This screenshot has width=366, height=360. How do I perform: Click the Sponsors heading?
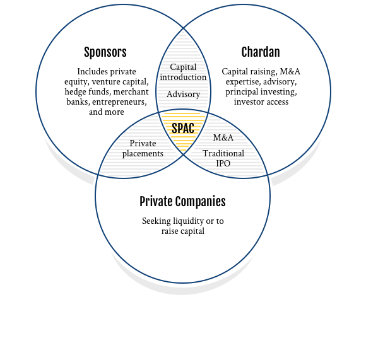(105, 52)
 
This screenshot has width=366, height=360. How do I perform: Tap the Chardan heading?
(261, 52)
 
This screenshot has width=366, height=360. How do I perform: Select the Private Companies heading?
(182, 202)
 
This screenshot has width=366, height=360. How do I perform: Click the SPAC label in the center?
(183, 128)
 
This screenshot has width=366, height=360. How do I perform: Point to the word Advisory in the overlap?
(183, 95)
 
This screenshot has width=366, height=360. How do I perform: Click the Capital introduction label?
(183, 72)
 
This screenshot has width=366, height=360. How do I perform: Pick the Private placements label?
(143, 149)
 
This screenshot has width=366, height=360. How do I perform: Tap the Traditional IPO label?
(223, 158)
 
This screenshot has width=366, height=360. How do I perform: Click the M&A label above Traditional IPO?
(223, 137)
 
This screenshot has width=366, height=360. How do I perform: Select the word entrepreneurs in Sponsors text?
(119, 102)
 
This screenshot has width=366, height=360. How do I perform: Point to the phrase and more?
(107, 112)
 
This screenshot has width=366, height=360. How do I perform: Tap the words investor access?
(261, 102)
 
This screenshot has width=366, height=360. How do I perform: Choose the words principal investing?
(261, 92)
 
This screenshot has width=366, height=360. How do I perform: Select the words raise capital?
(183, 231)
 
